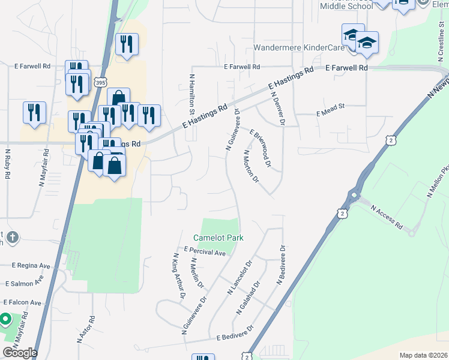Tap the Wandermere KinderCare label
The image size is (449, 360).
click(297, 47)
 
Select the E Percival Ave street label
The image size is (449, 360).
click(205, 251)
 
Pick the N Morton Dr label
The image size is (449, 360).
click(250, 166)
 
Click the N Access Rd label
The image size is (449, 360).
click(387, 217)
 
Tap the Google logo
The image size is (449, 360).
click(20, 352)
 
